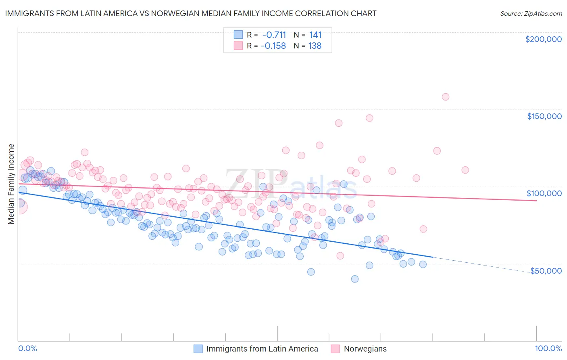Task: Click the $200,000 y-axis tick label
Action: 543,39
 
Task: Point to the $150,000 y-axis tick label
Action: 544,116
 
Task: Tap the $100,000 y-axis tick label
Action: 544,193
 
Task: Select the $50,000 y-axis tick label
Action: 546,270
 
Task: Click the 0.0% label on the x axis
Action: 28,349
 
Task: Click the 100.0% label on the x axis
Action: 548,349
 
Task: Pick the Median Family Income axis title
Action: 11,184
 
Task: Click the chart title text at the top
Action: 190,13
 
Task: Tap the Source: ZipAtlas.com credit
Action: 531,13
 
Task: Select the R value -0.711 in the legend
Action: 273,35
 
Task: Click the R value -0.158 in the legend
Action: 273,46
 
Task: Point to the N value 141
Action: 315,35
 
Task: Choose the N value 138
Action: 315,46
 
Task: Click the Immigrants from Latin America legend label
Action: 262,349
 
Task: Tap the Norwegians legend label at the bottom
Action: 365,349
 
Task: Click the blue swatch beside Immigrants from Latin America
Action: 198,349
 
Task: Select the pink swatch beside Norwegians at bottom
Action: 335,349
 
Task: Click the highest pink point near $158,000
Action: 445,97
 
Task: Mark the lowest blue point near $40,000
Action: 355,279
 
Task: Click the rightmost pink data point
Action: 465,170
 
